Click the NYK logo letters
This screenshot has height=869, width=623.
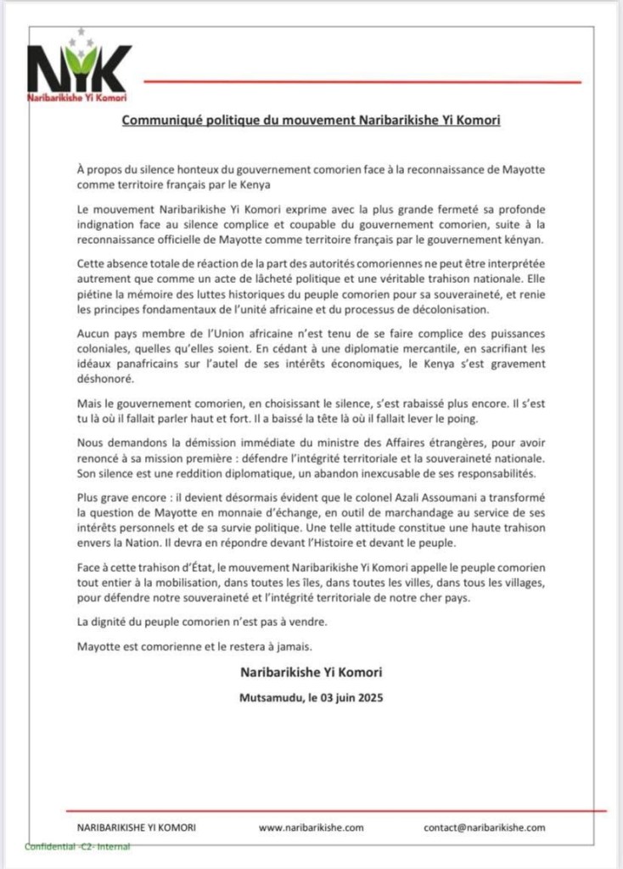click(79, 67)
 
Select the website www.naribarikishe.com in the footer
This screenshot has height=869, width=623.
click(311, 827)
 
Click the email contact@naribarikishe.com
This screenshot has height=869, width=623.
click(485, 827)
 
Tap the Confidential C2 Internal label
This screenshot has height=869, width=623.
click(77, 847)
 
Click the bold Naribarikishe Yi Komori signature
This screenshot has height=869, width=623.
click(311, 672)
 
